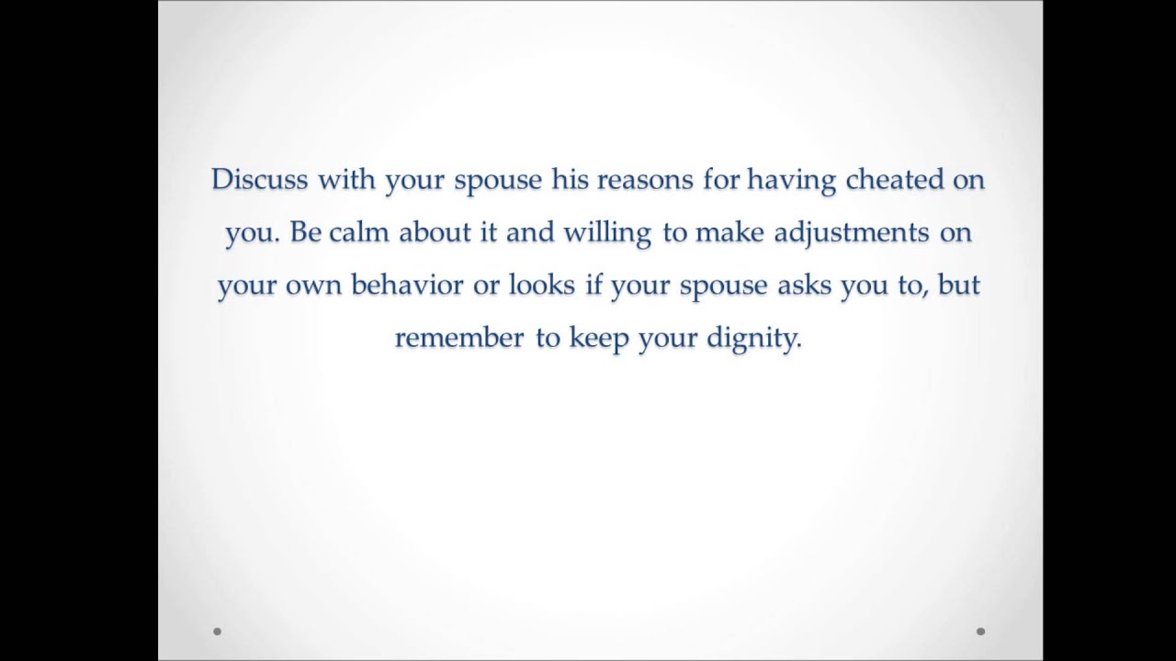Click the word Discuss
260,179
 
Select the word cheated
895,179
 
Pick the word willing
607,233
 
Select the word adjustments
852,233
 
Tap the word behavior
407,285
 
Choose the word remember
459,338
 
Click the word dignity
753,339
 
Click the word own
314,286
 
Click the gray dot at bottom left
217,632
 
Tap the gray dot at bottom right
980,632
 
